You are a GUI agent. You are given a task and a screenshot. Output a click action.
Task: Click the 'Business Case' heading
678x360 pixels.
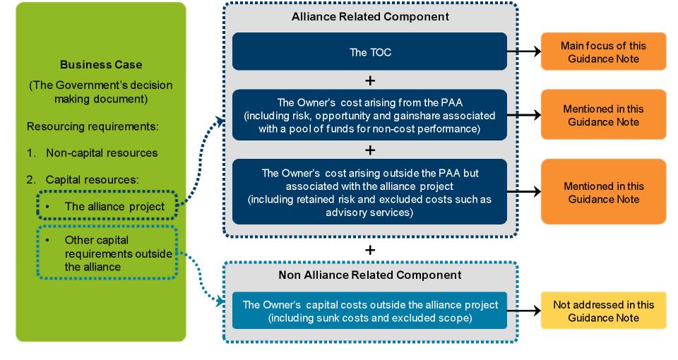101,64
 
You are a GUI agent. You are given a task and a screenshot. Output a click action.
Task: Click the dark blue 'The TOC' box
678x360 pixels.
369,51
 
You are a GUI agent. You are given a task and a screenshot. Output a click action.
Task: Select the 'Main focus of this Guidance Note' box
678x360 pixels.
603,52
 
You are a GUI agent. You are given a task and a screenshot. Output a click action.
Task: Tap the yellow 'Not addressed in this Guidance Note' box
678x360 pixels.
603,311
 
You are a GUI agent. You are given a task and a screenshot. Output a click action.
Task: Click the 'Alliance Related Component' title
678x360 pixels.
370,16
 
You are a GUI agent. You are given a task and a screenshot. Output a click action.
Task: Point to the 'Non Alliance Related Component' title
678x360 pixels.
370,275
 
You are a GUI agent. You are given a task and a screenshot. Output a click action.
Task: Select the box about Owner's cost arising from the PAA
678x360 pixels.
369,115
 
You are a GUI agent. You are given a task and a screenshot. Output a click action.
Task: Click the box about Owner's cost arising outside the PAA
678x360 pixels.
369,191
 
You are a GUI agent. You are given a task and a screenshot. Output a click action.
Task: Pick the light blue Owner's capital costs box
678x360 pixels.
369,311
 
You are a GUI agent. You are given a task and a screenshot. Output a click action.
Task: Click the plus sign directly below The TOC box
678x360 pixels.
369,79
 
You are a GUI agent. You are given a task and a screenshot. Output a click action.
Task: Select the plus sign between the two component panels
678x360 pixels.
369,250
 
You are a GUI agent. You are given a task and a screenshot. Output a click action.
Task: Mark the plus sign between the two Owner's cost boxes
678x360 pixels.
369,149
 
